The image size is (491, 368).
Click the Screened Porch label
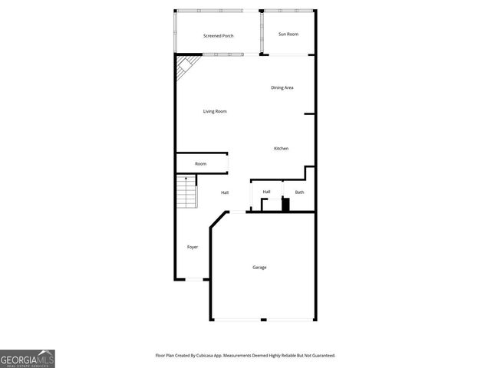[219, 36]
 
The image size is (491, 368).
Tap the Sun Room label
[288, 34]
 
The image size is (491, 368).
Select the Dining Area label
[282, 87]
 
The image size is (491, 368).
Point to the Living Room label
[215, 112]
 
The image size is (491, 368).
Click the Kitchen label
[282, 148]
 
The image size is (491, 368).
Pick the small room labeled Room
[200, 164]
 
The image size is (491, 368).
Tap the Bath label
[299, 192]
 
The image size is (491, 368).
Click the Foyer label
[193, 247]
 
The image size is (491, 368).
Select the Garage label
[259, 268]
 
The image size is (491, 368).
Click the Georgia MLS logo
[28, 358]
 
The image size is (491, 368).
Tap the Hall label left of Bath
[266, 192]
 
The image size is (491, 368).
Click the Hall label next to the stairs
[225, 192]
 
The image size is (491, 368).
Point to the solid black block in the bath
[285, 205]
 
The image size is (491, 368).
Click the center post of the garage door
[262, 320]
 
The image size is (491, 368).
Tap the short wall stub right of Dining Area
[310, 115]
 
